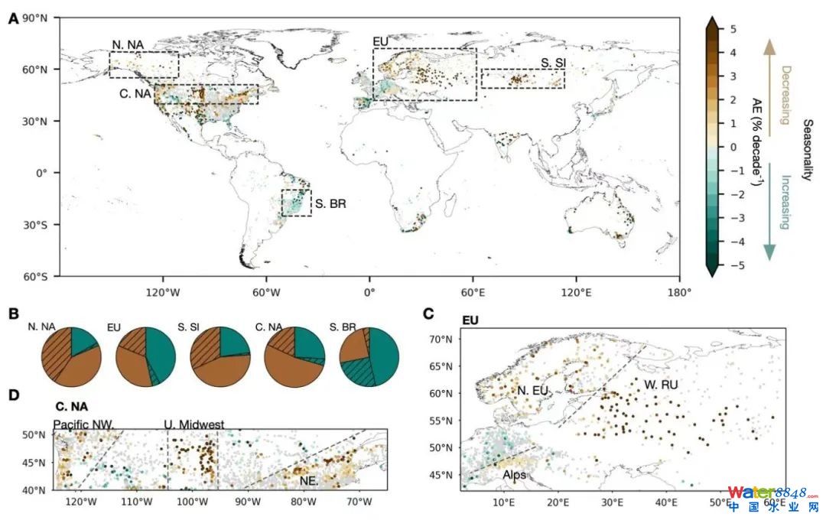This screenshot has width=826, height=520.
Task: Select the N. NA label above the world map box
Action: coord(127,44)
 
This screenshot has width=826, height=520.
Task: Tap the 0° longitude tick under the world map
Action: coord(369,292)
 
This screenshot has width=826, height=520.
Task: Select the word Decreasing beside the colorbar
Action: coord(785,95)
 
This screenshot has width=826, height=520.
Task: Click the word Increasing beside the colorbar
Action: coord(785,203)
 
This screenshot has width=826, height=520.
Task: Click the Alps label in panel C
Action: coord(513,474)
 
